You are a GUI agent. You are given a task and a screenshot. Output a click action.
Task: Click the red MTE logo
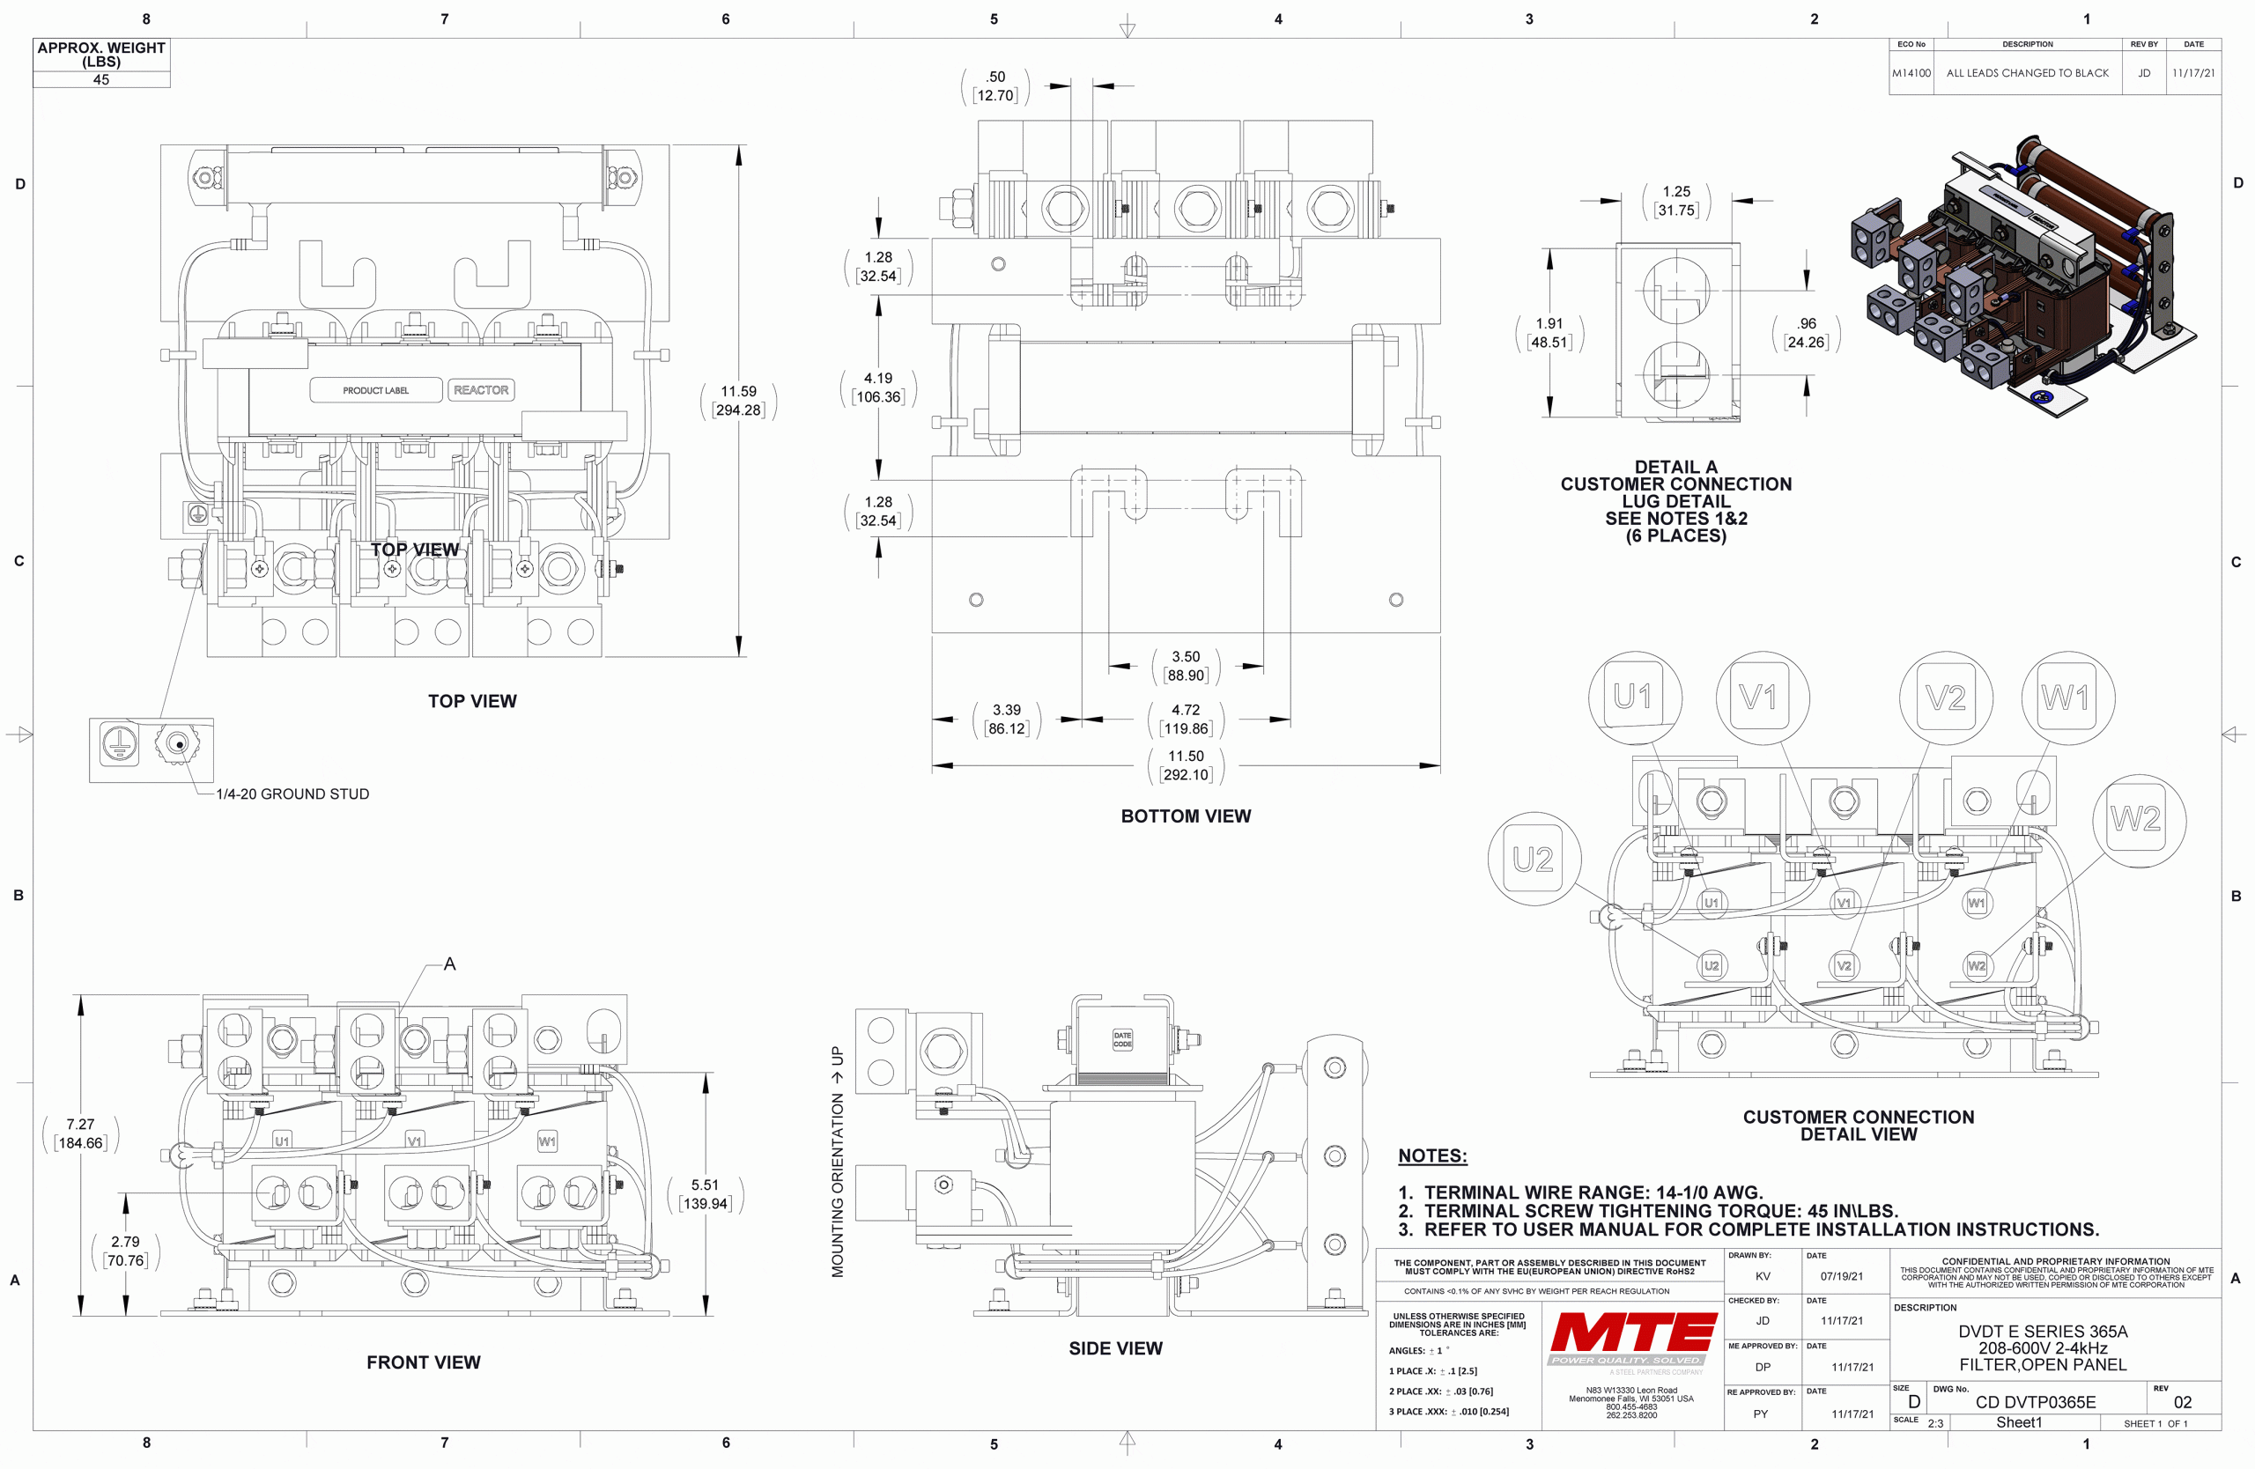pyautogui.click(x=1632, y=1334)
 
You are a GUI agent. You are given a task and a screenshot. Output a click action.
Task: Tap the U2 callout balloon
pyautogui.click(x=1533, y=859)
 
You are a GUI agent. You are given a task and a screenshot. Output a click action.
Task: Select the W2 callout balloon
pyautogui.click(x=2137, y=819)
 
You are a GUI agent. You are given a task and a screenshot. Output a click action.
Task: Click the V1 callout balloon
pyautogui.click(x=1762, y=698)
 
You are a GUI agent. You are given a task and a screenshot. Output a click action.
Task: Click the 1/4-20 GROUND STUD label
pyautogui.click(x=292, y=794)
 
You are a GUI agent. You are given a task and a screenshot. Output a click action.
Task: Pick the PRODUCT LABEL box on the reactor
pyautogui.click(x=376, y=390)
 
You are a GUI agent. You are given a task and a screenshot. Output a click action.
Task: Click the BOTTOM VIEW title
pyautogui.click(x=1186, y=816)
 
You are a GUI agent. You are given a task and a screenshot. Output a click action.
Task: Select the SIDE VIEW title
pyautogui.click(x=1115, y=1348)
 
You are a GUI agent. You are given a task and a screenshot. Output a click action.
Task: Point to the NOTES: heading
pyautogui.click(x=1431, y=1155)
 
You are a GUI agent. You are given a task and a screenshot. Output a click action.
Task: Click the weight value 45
pyautogui.click(x=101, y=79)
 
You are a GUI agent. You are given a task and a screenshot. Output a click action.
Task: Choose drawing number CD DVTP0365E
pyautogui.click(x=2034, y=1402)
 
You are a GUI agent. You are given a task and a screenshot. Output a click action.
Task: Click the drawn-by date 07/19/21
pyautogui.click(x=1841, y=1276)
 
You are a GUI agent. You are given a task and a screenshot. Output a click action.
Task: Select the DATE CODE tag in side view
pyautogui.click(x=1122, y=1040)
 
